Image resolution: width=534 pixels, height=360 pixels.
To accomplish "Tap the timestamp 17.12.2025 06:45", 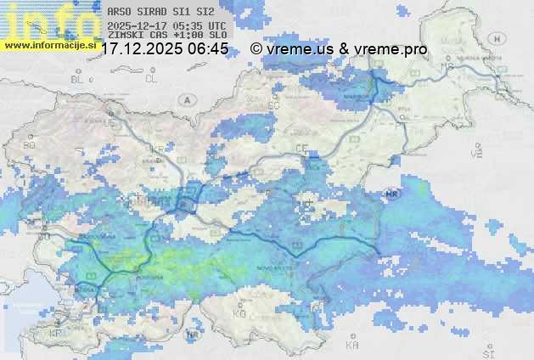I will (x=164, y=49).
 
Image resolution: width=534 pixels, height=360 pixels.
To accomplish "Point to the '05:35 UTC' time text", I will (x=199, y=26).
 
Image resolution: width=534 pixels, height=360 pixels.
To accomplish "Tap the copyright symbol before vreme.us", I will (x=256, y=49).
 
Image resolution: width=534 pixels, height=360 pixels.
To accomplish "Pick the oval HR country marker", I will (x=392, y=194).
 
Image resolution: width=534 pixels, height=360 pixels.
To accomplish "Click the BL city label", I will (x=79, y=79).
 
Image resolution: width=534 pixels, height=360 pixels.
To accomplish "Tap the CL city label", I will (x=151, y=79).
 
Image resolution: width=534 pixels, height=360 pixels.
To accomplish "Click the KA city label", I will (x=352, y=345).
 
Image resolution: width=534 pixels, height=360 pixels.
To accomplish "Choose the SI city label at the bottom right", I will (x=487, y=352).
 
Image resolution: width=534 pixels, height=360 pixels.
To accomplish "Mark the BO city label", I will (x=30, y=145).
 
